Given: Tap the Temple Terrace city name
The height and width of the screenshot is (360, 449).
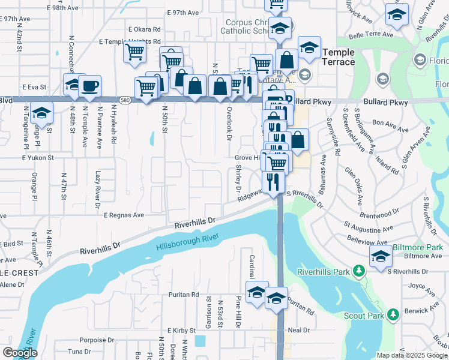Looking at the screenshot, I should (339, 57).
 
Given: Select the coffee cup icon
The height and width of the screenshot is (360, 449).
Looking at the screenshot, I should (89, 86).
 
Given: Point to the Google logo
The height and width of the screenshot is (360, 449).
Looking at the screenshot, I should (19, 353).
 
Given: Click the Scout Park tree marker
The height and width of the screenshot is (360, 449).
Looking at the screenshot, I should (393, 314).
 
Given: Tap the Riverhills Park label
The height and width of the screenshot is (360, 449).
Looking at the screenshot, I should (324, 271).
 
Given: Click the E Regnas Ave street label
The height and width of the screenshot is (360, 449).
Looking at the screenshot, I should (124, 215).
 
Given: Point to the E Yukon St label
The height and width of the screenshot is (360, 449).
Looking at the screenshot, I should (38, 158).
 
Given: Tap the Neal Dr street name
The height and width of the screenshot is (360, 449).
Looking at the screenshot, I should (298, 330).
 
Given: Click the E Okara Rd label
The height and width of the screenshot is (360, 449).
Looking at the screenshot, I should (144, 29).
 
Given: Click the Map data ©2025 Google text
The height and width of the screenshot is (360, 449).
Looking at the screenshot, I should (412, 355).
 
